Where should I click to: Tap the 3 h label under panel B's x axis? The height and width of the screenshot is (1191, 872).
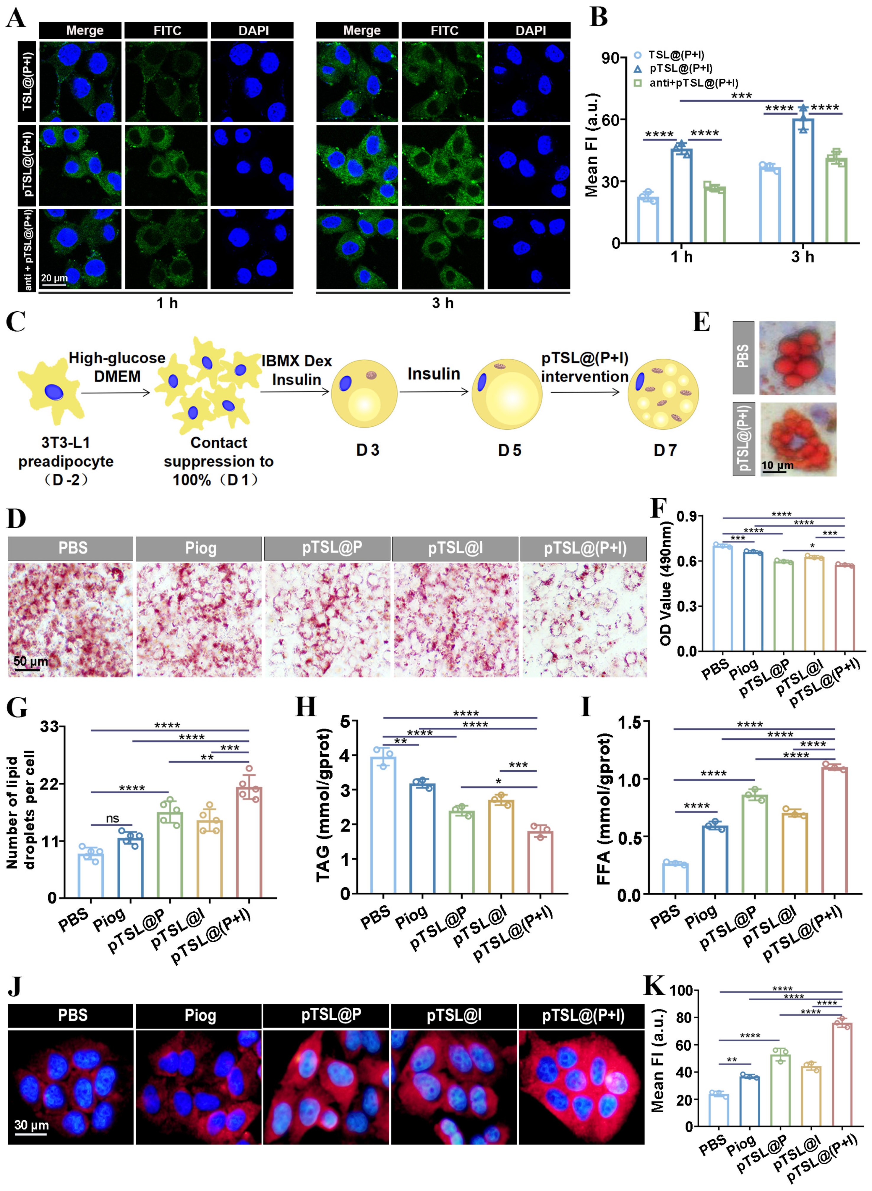click(x=802, y=257)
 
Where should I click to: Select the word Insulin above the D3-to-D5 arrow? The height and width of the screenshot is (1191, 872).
click(x=433, y=374)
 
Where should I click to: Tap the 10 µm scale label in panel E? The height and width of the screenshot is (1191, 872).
click(x=777, y=465)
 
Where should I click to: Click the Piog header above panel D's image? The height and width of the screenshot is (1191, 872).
click(x=200, y=548)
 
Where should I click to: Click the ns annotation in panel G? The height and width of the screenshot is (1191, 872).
click(x=112, y=818)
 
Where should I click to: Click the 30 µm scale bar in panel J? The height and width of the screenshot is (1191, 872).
click(x=31, y=1133)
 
